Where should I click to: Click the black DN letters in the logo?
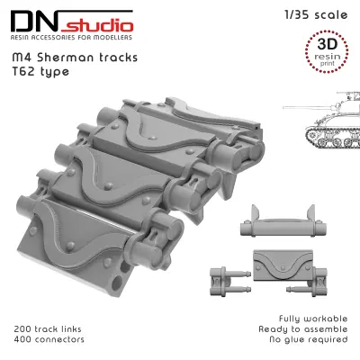pyautogui.click(x=34, y=22)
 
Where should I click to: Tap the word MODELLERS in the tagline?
pyautogui.click(x=112, y=38)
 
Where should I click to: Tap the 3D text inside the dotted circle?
pyautogui.click(x=327, y=44)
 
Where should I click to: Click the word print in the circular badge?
pyautogui.click(x=328, y=64)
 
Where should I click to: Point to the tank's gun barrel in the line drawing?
pyautogui.click(x=306, y=107)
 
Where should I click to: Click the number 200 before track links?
pyautogui.click(x=22, y=329)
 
